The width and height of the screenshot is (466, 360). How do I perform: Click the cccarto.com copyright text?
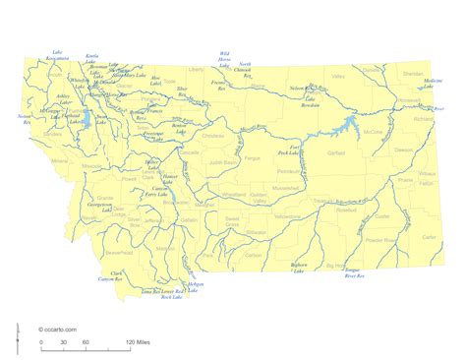58,328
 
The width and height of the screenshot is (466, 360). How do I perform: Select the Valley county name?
339,76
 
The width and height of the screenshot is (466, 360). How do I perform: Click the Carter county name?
431,237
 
